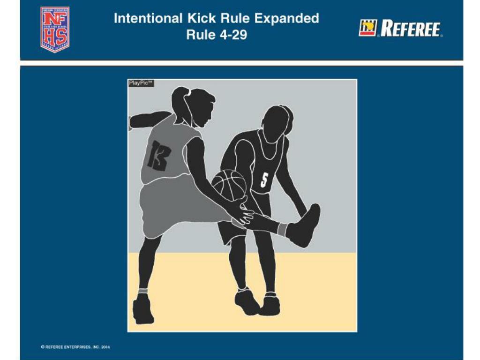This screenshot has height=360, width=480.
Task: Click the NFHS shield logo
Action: point(55,29)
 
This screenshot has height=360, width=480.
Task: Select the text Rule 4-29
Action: point(216,35)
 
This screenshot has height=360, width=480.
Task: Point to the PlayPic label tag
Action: point(141,83)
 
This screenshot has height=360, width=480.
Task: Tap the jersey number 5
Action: point(264,180)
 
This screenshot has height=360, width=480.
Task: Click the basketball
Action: point(230,185)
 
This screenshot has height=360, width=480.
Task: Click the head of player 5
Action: point(277,123)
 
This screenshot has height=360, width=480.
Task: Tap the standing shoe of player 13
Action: point(142,309)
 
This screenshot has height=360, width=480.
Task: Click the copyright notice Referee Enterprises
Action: point(76,347)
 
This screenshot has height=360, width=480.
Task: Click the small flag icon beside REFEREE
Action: point(367,28)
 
